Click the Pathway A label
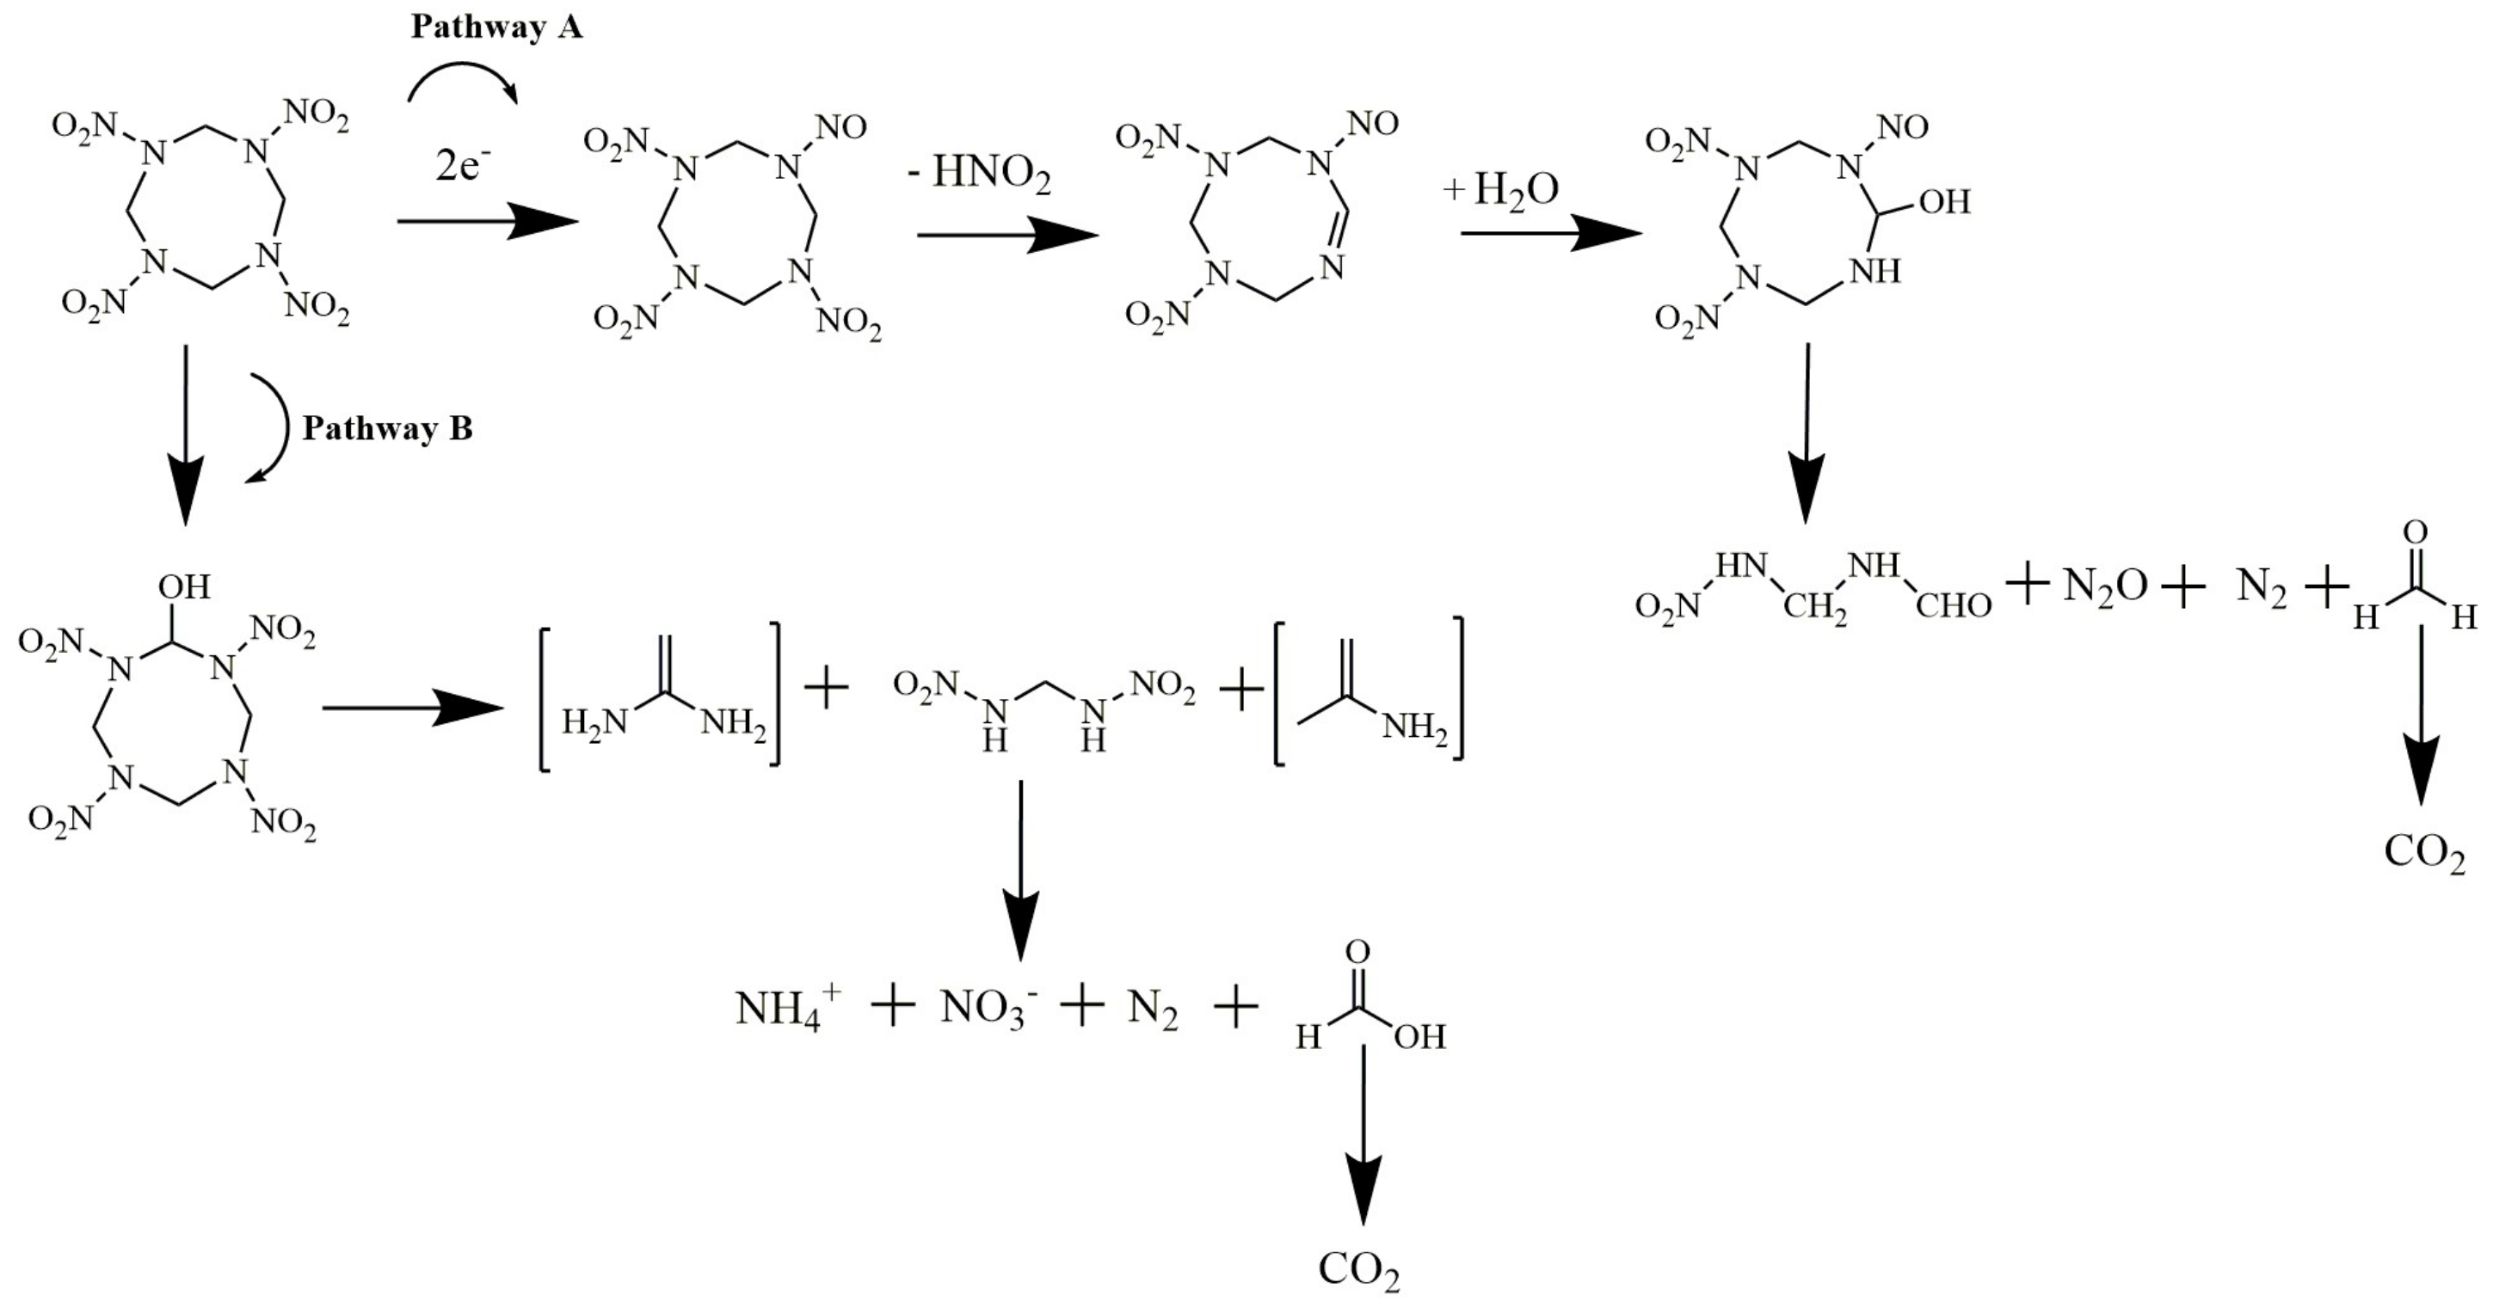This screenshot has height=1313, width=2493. point(496,28)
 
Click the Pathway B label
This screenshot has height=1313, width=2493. point(387,427)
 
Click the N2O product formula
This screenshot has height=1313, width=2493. point(2105,586)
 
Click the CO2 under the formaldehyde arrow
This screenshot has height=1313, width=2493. point(2424,852)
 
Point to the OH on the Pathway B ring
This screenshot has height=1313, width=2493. point(184,586)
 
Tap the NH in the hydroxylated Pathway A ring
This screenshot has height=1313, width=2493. point(1874,272)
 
